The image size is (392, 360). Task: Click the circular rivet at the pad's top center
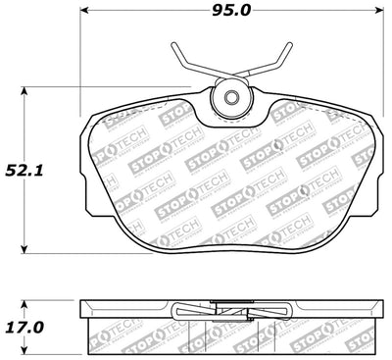[232, 99]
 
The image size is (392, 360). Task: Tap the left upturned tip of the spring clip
[172, 46]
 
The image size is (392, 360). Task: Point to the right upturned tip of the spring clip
[291, 46]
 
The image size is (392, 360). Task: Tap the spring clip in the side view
[232, 310]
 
